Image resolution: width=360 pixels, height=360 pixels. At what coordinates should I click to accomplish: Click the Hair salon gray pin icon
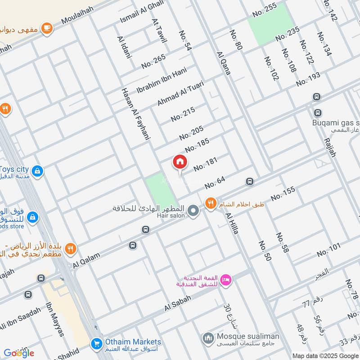[193, 210]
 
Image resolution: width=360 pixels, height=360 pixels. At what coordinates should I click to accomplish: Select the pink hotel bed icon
[227, 280]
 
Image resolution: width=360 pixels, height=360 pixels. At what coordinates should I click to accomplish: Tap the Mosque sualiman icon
[207, 337]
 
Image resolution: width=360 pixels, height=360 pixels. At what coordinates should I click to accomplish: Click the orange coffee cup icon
[47, 28]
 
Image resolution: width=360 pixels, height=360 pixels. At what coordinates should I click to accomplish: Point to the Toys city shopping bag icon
[38, 171]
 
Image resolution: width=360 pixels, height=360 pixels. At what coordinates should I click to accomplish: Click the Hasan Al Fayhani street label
[134, 115]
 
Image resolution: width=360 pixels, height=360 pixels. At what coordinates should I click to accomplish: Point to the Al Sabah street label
[178, 303]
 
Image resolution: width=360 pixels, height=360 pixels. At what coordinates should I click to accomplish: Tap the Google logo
[19, 353]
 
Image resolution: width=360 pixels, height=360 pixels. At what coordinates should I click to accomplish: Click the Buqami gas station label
[335, 123]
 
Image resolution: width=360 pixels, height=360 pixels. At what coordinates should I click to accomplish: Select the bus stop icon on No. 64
[249, 182]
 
